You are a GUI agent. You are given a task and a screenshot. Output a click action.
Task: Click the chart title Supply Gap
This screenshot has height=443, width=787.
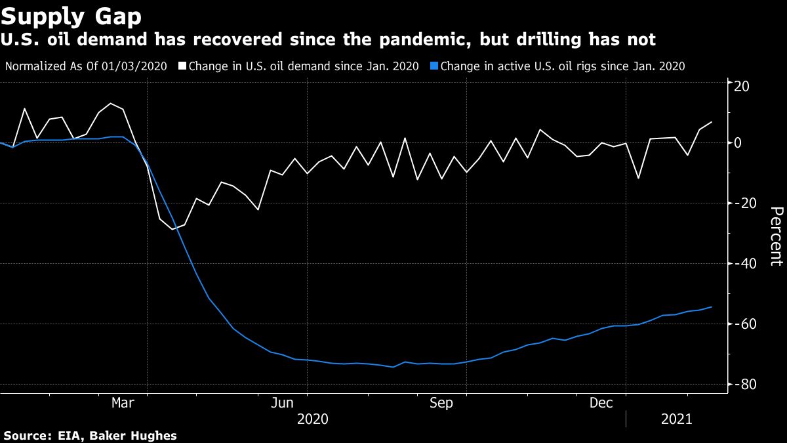point(71,14)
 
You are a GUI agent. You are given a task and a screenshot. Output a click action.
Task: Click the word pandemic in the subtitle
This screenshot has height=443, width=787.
point(412,40)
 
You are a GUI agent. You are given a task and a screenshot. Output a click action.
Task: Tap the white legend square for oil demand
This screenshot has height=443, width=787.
point(183,66)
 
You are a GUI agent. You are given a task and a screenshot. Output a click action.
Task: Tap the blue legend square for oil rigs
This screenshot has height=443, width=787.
point(435,66)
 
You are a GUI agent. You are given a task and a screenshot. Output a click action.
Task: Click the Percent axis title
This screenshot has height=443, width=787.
point(777,236)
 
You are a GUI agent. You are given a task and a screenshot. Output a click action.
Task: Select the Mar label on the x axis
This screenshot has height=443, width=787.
point(123,403)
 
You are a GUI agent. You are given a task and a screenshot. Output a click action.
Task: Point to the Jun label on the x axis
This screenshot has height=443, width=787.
point(283,403)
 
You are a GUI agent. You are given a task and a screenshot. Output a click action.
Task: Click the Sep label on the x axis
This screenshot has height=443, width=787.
point(441,403)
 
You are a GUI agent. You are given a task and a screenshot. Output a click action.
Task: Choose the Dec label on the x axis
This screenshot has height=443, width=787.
point(602,403)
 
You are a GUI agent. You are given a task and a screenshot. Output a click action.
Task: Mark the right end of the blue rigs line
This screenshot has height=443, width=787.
point(712,307)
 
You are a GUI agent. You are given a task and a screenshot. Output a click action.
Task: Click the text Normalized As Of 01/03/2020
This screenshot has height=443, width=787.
point(86,66)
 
